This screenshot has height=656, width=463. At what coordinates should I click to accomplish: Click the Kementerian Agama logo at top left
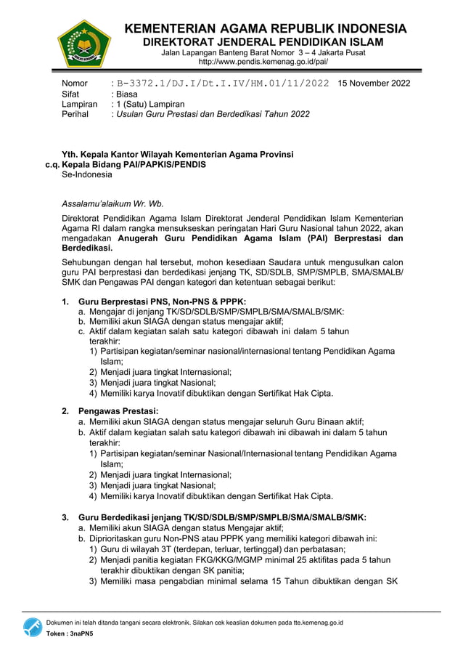pos(83,44)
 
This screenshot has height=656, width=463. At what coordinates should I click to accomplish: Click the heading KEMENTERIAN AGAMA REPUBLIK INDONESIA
pos(266,29)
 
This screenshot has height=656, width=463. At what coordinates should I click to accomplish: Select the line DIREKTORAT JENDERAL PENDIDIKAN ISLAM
pos(262,42)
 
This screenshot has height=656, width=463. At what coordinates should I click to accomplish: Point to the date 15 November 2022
pos(374,84)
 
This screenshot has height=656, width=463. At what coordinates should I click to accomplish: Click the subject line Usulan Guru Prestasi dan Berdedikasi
pos(213,114)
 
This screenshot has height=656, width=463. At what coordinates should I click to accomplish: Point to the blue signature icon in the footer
pos(32,627)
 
